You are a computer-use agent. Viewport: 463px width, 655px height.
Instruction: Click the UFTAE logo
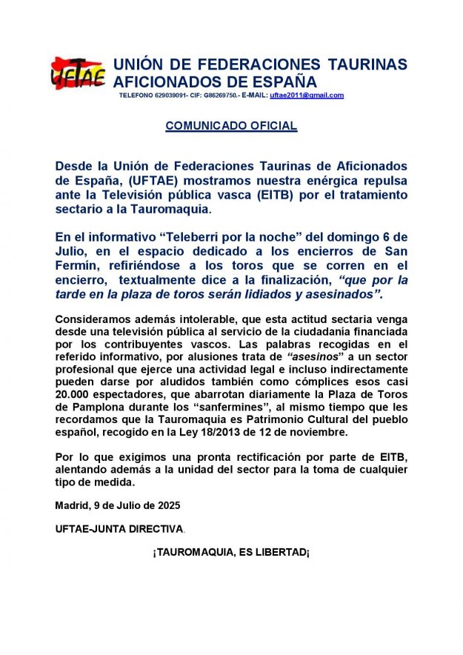(78, 73)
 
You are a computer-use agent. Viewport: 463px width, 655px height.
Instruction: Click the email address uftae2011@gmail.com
(307, 96)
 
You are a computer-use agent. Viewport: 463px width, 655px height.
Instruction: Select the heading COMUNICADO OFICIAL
(231, 126)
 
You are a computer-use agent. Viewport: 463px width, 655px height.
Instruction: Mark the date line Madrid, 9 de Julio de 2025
(118, 505)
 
